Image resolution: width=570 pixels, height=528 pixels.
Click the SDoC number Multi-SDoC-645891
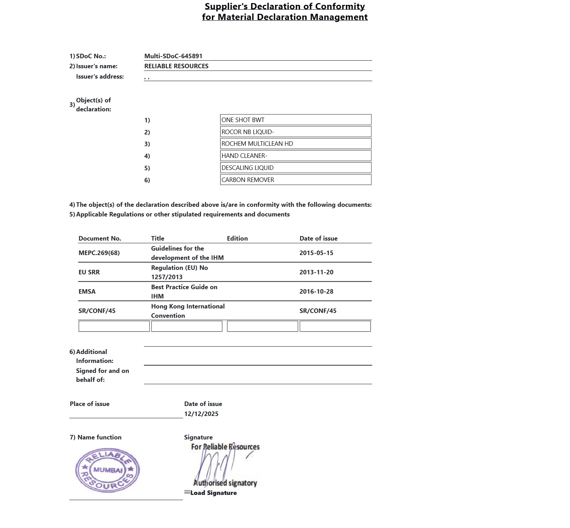pos(173,56)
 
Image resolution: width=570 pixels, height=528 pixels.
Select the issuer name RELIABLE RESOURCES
pos(176,66)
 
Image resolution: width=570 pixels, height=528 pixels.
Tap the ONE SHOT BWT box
pos(296,120)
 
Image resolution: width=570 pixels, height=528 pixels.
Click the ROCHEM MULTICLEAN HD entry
pos(296,144)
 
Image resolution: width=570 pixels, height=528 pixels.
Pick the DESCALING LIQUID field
pos(296,168)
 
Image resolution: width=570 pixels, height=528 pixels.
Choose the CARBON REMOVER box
pos(296,180)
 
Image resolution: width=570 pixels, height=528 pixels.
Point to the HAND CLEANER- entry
pos(296,156)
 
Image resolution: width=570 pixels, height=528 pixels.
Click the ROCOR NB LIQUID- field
pos(296,132)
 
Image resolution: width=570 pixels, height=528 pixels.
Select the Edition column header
pos(237,238)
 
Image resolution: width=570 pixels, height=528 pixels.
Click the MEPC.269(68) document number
pos(99,253)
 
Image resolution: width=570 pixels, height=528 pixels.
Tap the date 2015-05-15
pos(316,253)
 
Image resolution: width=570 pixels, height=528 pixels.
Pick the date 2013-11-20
pos(316,272)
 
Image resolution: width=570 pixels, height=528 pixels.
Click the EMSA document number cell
pos(87,292)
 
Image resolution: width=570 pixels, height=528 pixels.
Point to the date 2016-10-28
pos(316,292)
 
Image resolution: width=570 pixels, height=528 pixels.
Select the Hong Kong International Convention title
pos(188,311)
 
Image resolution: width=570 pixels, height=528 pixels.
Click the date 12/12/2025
pos(201,414)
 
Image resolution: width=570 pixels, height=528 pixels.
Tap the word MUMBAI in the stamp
pos(108,470)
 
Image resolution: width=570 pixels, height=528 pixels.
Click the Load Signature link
pos(213,493)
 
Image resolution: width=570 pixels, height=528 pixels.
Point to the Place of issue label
pos(90,404)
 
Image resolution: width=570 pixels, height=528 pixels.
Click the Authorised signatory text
pos(225,483)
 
